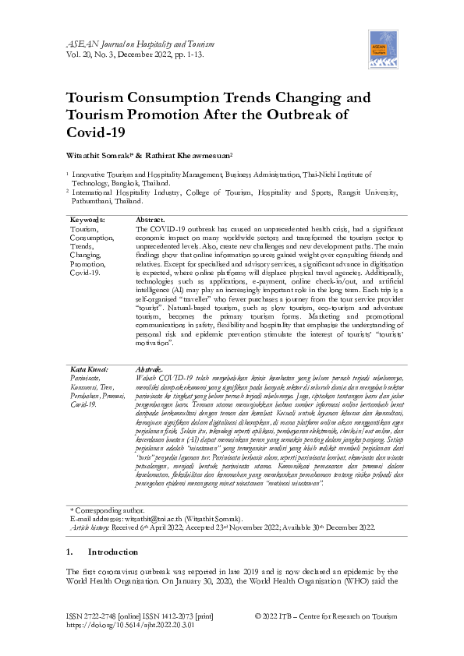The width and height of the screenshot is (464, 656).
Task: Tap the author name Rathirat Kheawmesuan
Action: tap(168, 155)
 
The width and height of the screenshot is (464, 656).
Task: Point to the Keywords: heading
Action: tap(87, 220)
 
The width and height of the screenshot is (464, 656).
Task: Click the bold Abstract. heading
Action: tap(151, 220)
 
